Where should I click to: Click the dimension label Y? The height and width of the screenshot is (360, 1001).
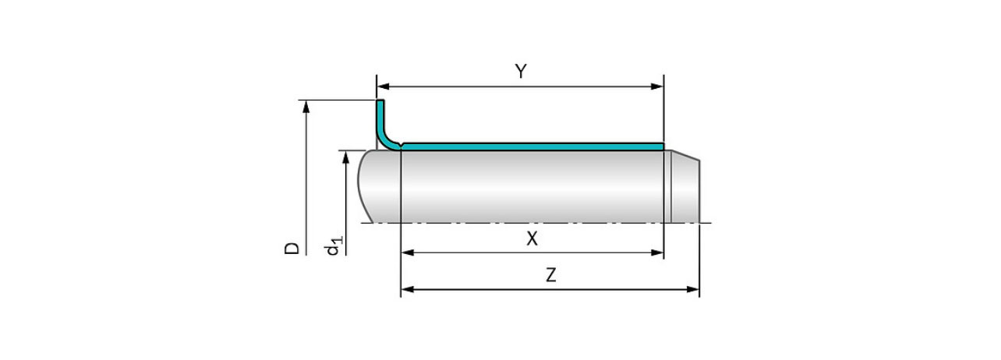pyautogui.click(x=521, y=72)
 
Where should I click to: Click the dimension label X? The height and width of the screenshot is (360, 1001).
pyautogui.click(x=532, y=239)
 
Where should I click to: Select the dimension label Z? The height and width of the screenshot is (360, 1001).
pyautogui.click(x=551, y=275)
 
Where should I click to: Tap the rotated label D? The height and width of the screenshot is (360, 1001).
pyautogui.click(x=292, y=249)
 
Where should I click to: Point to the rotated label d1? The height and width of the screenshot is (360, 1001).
pyautogui.click(x=334, y=245)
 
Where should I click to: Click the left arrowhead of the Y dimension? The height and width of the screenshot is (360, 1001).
pyautogui.click(x=383, y=86)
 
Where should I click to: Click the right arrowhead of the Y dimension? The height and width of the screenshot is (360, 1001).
pyautogui.click(x=657, y=86)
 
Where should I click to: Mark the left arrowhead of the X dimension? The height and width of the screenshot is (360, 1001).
pyautogui.click(x=408, y=252)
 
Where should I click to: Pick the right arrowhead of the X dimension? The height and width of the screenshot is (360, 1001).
pyautogui.click(x=657, y=252)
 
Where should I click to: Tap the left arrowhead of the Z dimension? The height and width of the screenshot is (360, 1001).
pyautogui.click(x=408, y=289)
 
